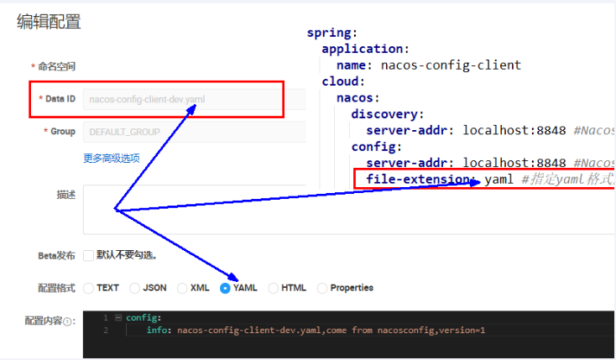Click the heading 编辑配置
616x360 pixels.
(49, 23)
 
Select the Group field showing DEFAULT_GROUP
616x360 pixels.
(193, 132)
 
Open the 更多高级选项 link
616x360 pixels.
(112, 159)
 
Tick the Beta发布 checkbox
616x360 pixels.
(88, 255)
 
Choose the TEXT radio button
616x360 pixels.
(88, 288)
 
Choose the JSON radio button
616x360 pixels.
(135, 288)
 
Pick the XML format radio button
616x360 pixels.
(182, 288)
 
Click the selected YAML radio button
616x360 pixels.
(225, 288)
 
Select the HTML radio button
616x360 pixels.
(274, 288)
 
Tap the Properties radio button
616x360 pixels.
(322, 288)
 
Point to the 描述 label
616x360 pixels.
(66, 195)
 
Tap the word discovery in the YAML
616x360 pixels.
(387, 114)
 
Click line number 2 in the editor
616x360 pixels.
(106, 331)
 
